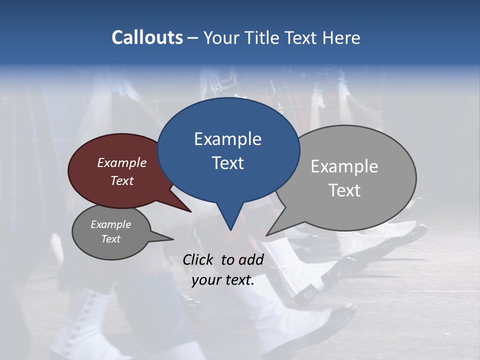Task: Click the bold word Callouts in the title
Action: [147, 37]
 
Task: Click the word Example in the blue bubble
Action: [227, 139]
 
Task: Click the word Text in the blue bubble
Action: [227, 163]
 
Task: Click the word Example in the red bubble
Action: [121, 163]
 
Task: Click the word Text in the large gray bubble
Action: [344, 190]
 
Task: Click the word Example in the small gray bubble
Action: [110, 224]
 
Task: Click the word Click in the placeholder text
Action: [199, 259]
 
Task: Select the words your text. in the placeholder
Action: [223, 280]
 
